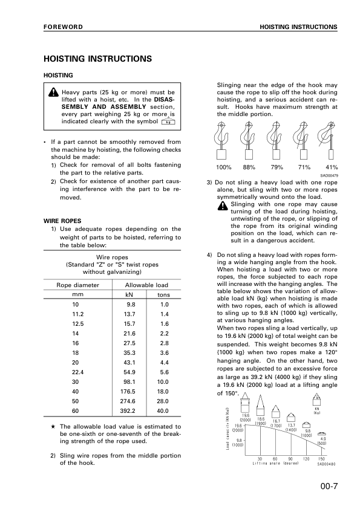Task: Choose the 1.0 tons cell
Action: click(163, 305)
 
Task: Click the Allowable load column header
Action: click(146, 285)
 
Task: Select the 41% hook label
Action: click(332, 167)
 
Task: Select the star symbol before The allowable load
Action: click(54, 427)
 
